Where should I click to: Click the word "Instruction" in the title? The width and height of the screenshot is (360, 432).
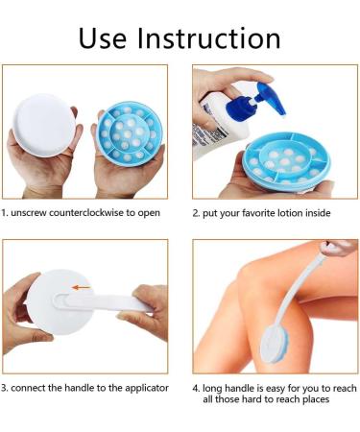213,37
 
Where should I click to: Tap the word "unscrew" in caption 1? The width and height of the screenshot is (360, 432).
32,212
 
